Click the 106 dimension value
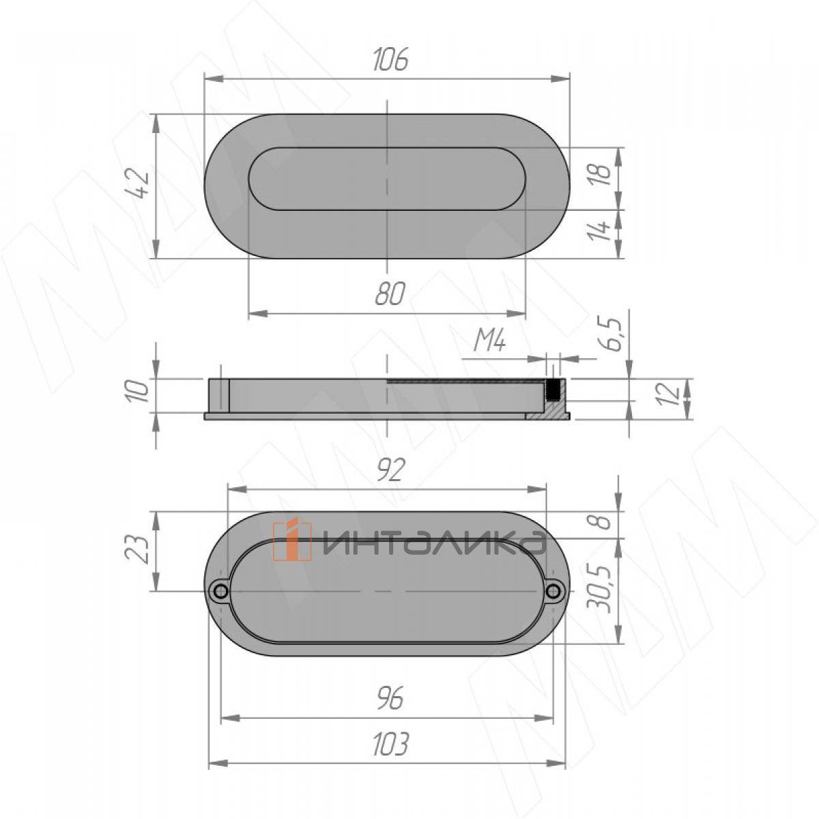coord(390,59)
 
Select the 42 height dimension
coord(138,183)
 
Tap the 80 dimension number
coord(390,293)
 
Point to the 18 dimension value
coord(601,174)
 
